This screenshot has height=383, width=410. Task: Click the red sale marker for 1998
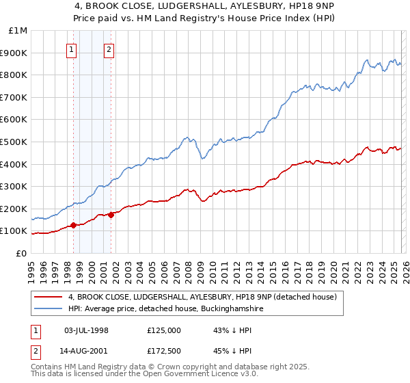click(x=73, y=225)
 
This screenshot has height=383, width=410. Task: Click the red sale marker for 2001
click(x=111, y=215)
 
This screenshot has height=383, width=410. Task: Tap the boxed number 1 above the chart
click(x=72, y=49)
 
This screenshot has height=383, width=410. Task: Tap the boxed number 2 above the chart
click(x=109, y=49)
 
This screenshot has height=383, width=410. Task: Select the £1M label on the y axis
click(x=18, y=31)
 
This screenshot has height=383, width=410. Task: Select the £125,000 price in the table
click(x=164, y=330)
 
